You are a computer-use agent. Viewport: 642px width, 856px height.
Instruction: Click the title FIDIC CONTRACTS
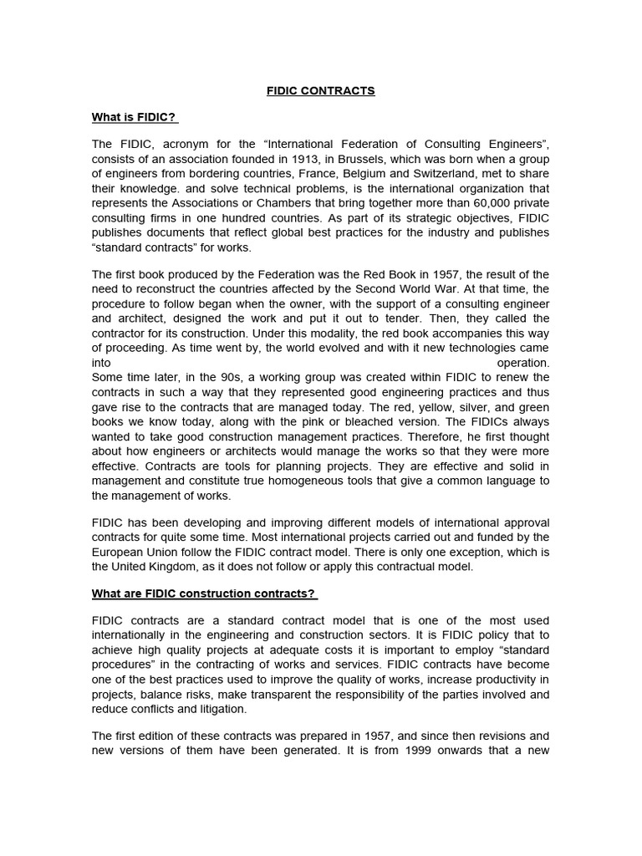(320, 90)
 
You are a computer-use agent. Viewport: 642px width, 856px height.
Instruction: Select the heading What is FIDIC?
(134, 117)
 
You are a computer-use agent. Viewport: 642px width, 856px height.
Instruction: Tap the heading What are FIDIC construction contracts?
(204, 594)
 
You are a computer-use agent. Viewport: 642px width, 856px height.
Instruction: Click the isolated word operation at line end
(523, 364)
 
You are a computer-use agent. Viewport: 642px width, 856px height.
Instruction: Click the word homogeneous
(305, 481)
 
